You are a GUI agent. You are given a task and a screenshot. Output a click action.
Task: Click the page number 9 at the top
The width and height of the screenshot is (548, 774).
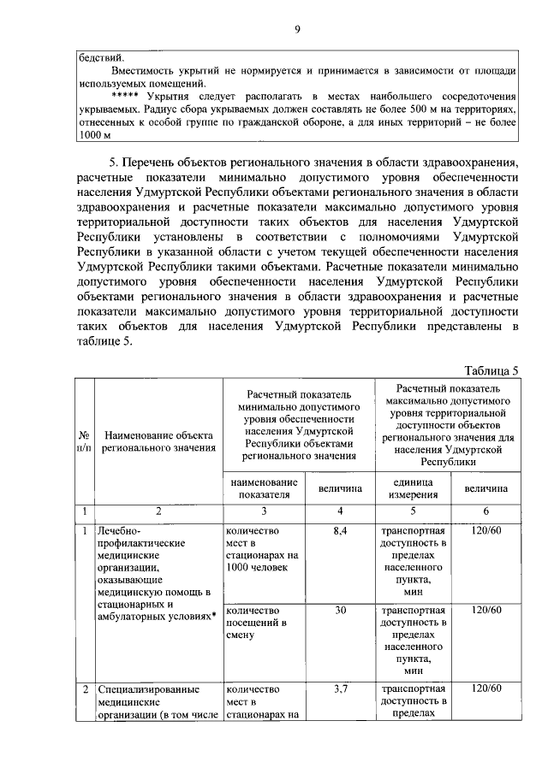click(x=297, y=31)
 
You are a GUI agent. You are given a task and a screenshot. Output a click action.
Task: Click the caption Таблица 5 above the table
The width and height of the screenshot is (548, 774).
click(x=491, y=370)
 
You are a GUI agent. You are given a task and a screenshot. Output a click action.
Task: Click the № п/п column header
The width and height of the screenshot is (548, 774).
click(x=84, y=440)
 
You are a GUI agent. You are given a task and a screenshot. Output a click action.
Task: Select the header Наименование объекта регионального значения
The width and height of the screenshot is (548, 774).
click(x=158, y=440)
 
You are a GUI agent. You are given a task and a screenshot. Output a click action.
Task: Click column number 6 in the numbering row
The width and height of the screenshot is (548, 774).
click(x=485, y=511)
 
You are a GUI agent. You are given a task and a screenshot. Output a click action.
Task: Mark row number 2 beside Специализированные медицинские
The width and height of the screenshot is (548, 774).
click(x=84, y=689)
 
